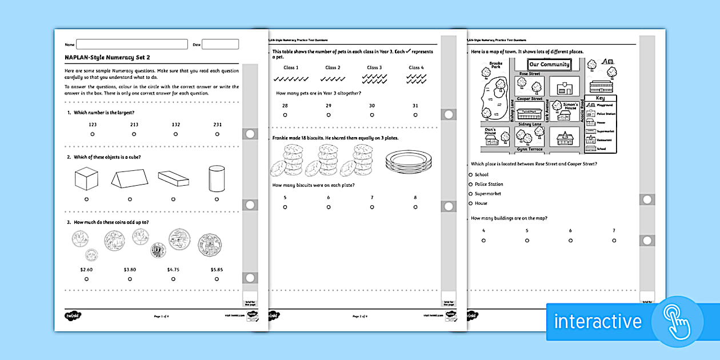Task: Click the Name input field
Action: [x=131, y=44]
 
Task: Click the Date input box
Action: [x=220, y=44]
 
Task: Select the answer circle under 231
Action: [x=217, y=134]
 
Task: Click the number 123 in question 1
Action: [x=92, y=124]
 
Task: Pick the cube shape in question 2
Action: [x=86, y=179]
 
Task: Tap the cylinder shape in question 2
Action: [x=217, y=179]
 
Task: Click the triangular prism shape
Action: [x=129, y=180]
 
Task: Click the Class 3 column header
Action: [x=374, y=67]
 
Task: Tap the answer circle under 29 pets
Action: [x=328, y=115]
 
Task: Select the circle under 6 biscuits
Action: [x=329, y=207]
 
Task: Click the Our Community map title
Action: [x=549, y=65]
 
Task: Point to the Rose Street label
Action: [x=530, y=74]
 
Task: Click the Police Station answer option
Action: [x=470, y=184]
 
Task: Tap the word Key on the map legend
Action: [x=600, y=98]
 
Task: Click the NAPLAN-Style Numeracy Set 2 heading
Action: [x=108, y=57]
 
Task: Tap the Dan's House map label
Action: [x=490, y=132]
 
